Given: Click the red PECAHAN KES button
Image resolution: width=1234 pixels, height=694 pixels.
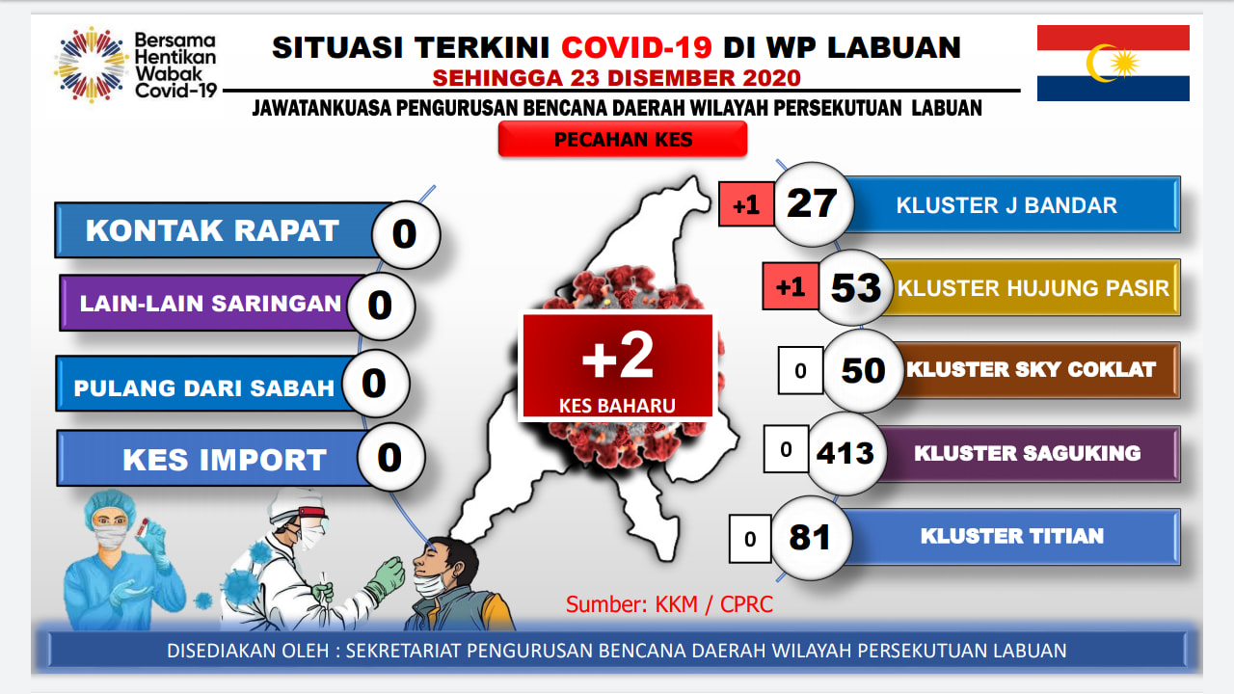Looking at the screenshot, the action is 623,139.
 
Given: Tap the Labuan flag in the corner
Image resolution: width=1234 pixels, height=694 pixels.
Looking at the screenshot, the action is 1113,63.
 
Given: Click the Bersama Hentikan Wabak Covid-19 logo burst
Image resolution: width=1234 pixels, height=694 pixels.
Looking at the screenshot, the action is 92,65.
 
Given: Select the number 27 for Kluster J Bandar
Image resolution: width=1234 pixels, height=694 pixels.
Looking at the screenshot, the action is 812,203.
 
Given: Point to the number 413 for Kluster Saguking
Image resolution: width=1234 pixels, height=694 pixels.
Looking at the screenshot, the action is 845,453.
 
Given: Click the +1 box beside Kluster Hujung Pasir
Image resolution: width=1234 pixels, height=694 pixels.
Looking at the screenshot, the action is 791,286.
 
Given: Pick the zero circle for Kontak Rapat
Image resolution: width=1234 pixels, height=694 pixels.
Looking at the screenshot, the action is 406,234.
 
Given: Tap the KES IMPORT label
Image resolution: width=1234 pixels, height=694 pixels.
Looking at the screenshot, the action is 225,460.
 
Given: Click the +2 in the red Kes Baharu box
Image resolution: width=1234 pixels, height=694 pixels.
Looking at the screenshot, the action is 618,357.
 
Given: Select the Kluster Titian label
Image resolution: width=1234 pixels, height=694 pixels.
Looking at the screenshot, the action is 1012,536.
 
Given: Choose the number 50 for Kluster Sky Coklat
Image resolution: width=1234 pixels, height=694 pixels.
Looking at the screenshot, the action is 863,370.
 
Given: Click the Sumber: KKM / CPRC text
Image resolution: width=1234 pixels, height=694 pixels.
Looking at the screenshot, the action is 669,604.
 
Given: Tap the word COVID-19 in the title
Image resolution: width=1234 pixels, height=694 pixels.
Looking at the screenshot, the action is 637,47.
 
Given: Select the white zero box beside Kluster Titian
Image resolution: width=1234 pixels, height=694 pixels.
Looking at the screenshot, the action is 750,539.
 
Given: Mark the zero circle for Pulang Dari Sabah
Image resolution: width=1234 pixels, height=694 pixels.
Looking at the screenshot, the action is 375,384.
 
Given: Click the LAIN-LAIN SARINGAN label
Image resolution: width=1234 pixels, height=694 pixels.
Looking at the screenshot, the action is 210,304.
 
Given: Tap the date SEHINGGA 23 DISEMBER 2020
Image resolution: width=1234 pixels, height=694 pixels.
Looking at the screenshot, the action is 616,78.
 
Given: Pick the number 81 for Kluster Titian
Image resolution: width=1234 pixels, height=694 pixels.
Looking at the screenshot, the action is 809,538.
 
